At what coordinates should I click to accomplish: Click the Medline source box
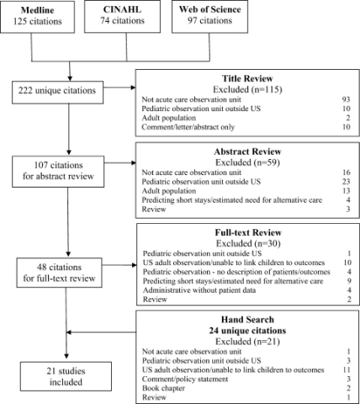38,17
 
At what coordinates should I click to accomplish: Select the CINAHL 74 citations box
123,16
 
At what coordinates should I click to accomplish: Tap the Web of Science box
209,16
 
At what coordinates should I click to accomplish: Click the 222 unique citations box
57,93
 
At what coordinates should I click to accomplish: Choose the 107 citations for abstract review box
58,172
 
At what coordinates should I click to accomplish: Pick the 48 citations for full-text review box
59,273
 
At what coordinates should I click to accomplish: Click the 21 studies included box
66,376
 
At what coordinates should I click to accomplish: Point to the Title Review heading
247,78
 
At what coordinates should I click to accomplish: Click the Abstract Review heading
247,151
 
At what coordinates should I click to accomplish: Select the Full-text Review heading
248,232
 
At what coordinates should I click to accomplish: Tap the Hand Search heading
247,320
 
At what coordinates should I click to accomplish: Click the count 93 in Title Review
346,99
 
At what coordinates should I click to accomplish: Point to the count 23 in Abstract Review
346,182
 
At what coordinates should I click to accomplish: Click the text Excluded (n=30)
248,243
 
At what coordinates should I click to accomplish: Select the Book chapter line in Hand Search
163,388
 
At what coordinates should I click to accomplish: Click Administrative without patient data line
199,290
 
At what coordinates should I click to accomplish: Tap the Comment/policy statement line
185,379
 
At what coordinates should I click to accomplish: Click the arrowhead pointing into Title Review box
133,88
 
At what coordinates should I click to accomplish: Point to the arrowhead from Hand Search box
69,332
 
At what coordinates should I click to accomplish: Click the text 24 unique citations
247,331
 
